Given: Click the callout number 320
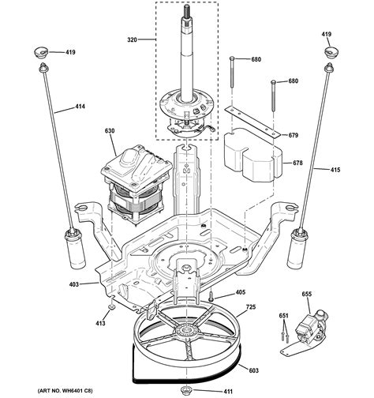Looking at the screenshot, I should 131,38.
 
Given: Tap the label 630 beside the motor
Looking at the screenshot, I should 110,132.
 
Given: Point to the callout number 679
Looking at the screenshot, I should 294,135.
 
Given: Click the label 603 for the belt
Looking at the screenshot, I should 253,347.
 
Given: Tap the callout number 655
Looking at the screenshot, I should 307,293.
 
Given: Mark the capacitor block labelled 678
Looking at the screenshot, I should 252,162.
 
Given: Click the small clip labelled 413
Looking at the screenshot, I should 112,306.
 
